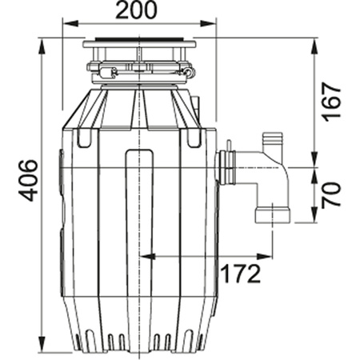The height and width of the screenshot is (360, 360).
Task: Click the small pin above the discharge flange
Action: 230,146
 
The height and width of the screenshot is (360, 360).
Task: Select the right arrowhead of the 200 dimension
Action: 214,27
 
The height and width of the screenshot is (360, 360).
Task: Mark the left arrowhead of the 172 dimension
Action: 144,257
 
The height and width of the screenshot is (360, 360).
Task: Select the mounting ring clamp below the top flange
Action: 140,70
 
